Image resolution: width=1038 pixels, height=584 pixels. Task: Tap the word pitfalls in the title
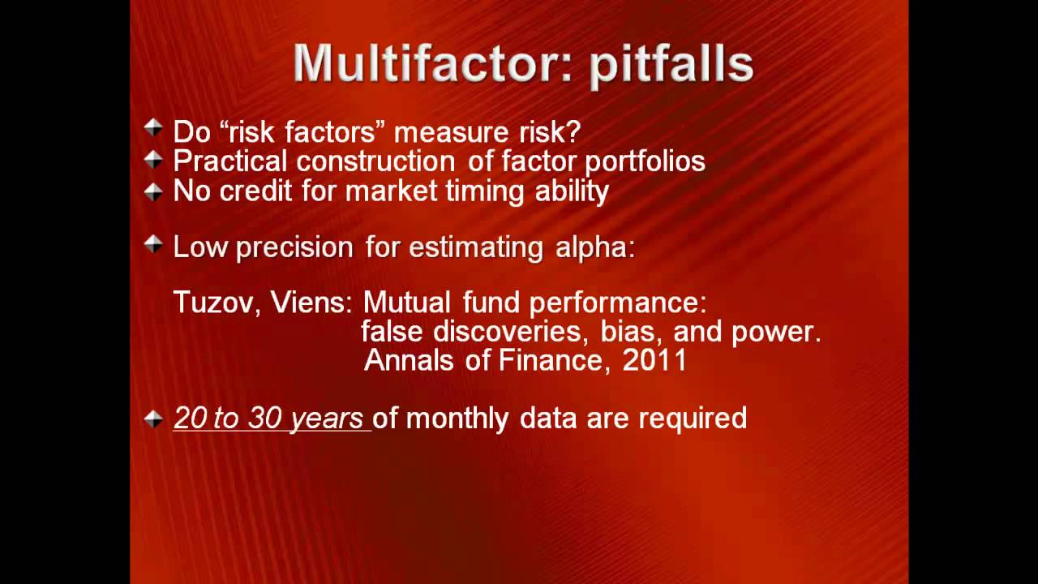pos(671,66)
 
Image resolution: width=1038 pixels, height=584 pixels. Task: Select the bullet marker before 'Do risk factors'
pos(153,127)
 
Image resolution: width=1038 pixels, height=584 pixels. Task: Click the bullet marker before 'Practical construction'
pos(153,160)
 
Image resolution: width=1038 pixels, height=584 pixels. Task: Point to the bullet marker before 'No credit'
pos(153,191)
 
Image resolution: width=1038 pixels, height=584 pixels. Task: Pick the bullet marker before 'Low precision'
pos(153,244)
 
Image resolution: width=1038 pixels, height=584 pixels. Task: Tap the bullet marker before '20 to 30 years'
pos(153,419)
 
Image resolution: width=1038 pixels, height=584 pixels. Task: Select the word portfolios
pos(645,161)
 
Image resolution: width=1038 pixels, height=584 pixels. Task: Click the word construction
pos(375,161)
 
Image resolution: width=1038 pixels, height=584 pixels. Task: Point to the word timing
pos(485,192)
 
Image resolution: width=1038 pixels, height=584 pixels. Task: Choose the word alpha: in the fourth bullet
pos(595,247)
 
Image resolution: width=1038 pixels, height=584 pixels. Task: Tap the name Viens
pos(311,303)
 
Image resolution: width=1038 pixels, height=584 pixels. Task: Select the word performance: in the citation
pos(618,303)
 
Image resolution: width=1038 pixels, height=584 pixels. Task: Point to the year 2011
pos(654,360)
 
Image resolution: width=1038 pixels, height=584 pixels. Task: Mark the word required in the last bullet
pos(693,419)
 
